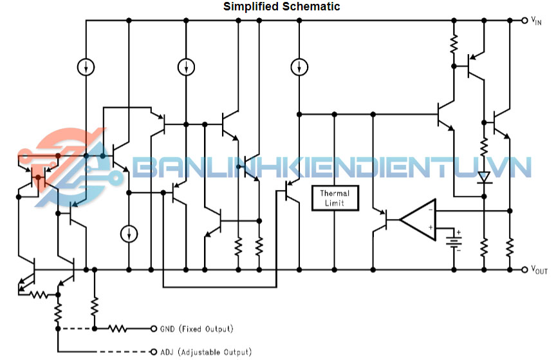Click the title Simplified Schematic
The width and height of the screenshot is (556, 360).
pos(281,6)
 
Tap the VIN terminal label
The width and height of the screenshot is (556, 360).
pos(537,21)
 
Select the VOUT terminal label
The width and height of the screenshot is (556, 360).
pos(539,270)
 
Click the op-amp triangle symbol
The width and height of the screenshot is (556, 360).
pos(418,219)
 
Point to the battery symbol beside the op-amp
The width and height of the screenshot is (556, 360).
pos(458,241)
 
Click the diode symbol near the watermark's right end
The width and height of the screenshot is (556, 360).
pos(484,177)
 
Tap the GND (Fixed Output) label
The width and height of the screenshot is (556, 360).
pos(197,328)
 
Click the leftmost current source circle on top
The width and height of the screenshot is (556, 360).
pos(86,67)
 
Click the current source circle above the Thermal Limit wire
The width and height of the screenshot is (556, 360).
pos(298,67)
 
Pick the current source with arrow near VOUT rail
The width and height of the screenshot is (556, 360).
pos(129,232)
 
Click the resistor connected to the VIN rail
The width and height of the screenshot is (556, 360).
pos(453,44)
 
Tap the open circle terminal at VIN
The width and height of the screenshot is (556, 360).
pos(524,21)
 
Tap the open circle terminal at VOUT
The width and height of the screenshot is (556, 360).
pos(524,269)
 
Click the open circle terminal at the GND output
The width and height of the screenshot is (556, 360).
pos(154,328)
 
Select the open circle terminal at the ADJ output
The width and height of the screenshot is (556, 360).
pos(154,352)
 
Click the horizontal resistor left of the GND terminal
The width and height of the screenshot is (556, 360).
pos(118,328)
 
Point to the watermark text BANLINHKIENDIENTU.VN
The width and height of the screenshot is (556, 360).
pos(335,168)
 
